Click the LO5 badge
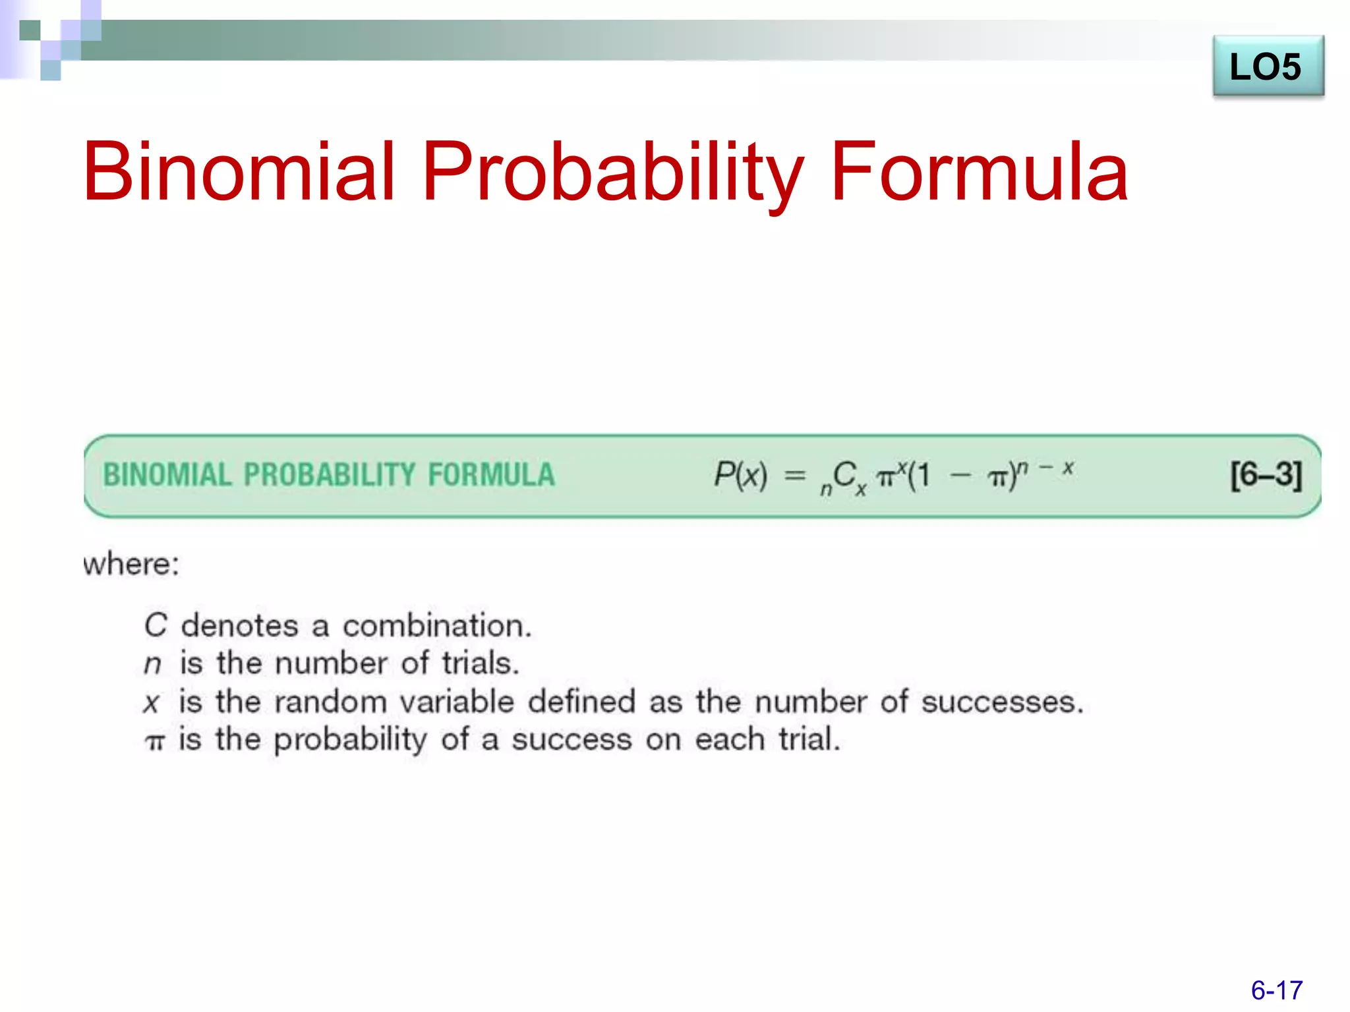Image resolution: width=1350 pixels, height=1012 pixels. [1267, 67]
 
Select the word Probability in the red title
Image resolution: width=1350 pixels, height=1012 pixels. [612, 173]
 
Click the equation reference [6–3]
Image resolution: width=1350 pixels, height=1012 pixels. [1266, 474]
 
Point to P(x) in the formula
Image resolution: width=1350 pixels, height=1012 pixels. [741, 474]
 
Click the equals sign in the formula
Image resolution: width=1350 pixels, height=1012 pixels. [796, 475]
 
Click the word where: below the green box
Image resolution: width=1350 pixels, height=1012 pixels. [131, 565]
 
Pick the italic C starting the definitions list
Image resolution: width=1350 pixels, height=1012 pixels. [156, 625]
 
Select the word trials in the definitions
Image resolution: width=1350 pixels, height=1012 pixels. [480, 663]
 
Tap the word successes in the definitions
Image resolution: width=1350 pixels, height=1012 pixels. [1001, 702]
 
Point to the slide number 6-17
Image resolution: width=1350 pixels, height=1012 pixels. [1276, 990]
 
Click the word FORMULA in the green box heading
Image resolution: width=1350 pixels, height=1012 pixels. [491, 475]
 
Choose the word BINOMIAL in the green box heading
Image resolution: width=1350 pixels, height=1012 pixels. [167, 475]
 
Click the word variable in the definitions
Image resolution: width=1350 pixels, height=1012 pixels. [456, 702]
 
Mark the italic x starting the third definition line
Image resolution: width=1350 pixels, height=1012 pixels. [152, 703]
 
